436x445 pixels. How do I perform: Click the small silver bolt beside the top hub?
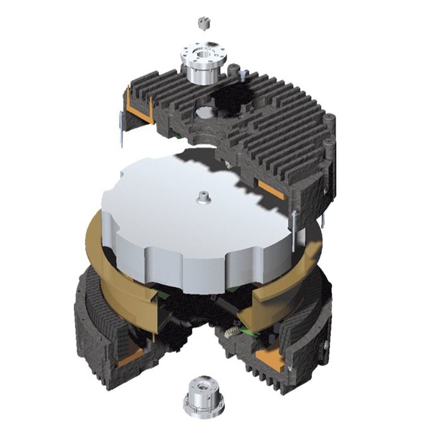click(x=242, y=78)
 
